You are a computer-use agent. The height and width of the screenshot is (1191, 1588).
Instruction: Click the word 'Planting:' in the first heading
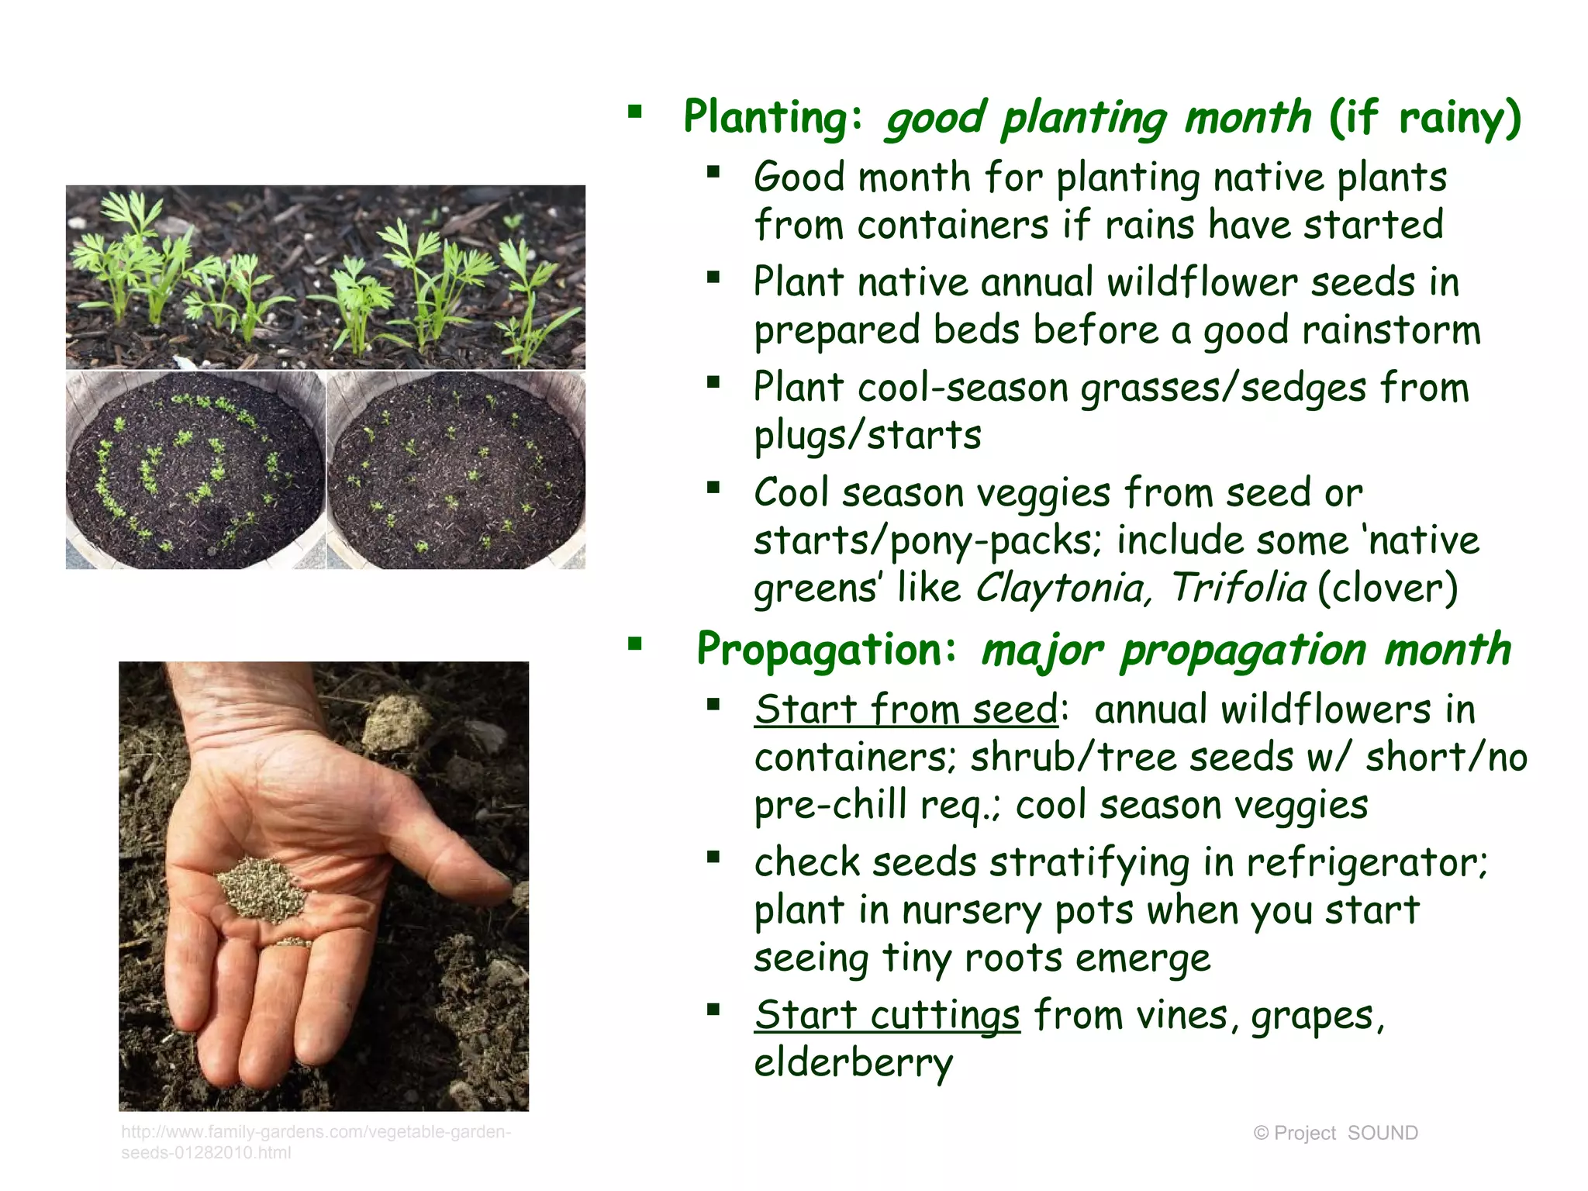coord(772,118)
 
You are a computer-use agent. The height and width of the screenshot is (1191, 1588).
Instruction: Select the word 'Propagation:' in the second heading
coord(827,650)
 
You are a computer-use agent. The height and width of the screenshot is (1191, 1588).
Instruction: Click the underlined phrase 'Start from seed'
coord(906,709)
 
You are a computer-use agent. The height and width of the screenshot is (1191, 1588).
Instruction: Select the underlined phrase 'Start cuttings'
coord(887,1015)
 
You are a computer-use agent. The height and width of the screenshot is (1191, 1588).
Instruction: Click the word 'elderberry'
coord(853,1063)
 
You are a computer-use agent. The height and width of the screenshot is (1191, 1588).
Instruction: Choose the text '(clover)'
coord(1388,588)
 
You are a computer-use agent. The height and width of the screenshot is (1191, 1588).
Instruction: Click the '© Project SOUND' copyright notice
coord(1335,1133)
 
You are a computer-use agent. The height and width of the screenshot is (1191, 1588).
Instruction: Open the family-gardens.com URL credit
coord(315,1141)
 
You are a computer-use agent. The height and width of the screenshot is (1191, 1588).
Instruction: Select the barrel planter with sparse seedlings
coord(456,470)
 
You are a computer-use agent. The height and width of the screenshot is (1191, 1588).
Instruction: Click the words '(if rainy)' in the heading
coord(1425,118)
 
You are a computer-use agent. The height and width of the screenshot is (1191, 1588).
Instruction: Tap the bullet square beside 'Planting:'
coord(635,112)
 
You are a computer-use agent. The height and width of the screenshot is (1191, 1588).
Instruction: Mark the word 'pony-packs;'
coord(996,540)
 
